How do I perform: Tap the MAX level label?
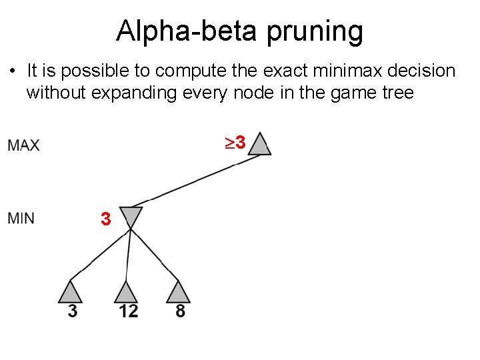click(x=24, y=145)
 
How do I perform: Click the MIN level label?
click(x=22, y=218)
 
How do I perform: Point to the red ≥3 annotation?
click(x=234, y=142)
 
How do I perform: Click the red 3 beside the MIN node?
click(x=105, y=218)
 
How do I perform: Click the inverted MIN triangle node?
click(x=131, y=217)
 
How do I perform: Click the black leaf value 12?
click(x=128, y=311)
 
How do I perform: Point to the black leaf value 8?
click(x=181, y=311)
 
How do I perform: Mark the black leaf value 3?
click(x=72, y=311)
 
